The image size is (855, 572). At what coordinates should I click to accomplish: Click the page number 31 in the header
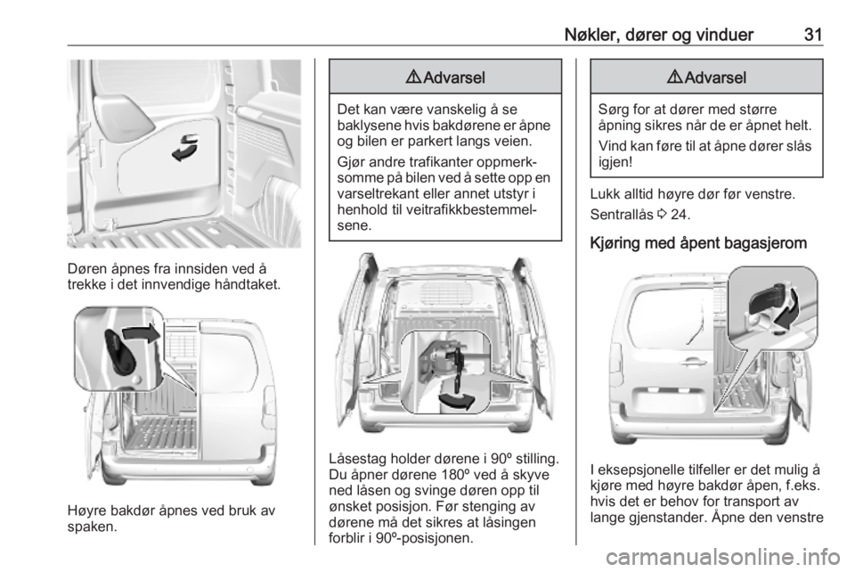(812, 35)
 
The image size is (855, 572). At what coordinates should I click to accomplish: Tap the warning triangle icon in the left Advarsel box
(413, 77)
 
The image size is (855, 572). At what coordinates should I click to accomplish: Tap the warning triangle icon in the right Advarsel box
(674, 77)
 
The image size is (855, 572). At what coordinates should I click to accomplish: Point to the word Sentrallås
(622, 215)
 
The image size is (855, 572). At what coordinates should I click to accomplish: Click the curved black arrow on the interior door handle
(186, 148)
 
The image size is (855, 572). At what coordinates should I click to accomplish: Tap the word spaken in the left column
(92, 527)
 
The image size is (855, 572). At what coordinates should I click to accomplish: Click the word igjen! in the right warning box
(615, 162)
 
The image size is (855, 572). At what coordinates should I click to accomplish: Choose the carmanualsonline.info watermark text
(723, 557)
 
